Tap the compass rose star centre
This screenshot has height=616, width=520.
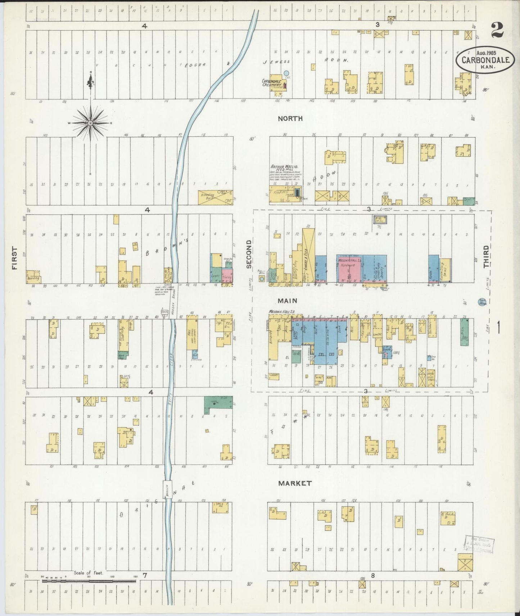pos(90,123)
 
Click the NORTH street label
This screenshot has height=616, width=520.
pos(290,119)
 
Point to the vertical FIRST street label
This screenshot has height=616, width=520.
pos(14,258)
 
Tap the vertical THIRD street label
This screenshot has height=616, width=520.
pos(486,256)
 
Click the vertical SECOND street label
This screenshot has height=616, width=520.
pos(249,254)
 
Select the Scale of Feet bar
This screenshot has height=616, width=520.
pos(89,580)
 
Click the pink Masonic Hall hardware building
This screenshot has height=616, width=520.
pos(349,268)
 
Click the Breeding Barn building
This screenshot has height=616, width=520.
pos(215,197)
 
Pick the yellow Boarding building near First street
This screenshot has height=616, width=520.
pos(33,277)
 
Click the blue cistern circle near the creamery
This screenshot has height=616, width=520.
pos(286,73)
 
